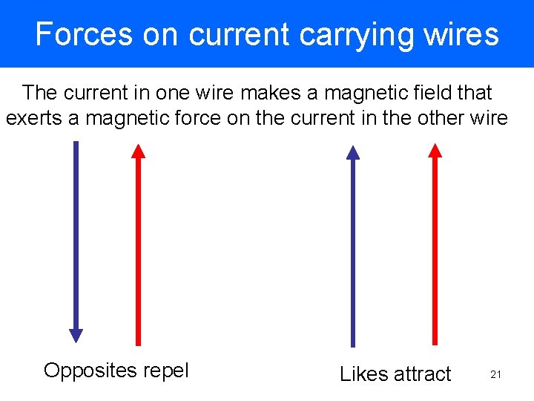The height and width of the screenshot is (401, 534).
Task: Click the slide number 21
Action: (496, 375)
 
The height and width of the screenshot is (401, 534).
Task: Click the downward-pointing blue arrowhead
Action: (76, 335)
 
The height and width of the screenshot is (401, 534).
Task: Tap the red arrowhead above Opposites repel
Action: (138, 151)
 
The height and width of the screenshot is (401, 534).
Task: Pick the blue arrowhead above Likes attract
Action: (353, 153)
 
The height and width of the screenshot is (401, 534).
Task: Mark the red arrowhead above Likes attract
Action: (435, 151)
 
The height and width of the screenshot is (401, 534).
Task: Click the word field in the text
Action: (433, 93)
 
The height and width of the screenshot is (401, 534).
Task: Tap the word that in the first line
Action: (475, 93)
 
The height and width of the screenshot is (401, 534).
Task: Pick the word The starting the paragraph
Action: (40, 93)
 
